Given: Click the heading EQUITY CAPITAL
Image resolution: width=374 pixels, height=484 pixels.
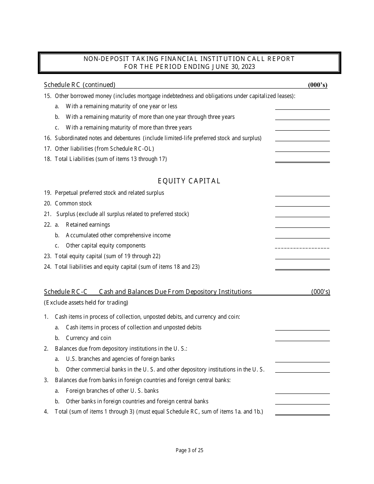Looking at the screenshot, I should coord(189,181).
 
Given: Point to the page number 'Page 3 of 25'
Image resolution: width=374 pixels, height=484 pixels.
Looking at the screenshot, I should coord(189,451).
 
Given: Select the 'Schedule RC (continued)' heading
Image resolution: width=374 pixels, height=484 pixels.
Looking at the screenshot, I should coord(80,85).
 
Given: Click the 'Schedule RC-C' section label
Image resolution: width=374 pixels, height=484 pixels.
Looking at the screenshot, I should coord(66,292).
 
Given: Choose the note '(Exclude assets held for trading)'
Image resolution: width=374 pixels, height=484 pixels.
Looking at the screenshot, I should coord(86,303).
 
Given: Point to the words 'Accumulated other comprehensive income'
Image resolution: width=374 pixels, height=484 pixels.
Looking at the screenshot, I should coord(118,235).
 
